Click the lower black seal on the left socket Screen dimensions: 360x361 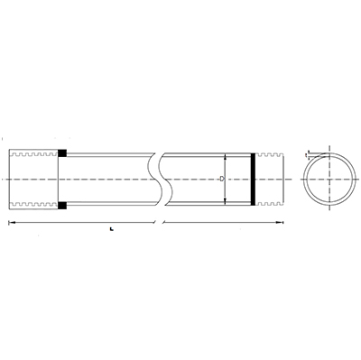click(62, 206)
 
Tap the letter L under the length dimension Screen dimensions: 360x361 click(109, 230)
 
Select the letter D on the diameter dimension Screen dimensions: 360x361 click(220, 179)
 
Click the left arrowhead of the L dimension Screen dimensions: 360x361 click(10, 222)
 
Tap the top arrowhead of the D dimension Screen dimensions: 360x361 click(225, 157)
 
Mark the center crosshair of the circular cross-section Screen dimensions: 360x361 click(325, 179)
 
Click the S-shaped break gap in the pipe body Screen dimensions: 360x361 click(161, 179)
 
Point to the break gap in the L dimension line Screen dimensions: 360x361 click(159, 222)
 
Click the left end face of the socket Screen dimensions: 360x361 click(9, 179)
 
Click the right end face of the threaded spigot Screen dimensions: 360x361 click(286, 179)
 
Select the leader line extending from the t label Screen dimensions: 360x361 click(315, 154)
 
